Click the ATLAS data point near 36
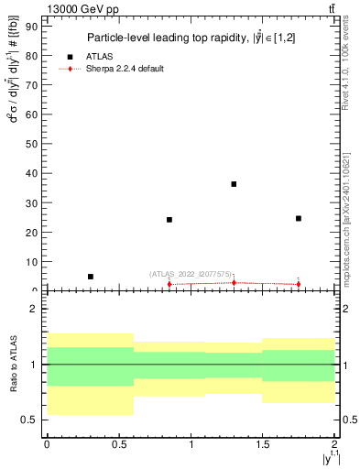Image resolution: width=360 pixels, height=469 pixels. (234, 184)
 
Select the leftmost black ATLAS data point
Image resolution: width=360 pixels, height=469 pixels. (90, 276)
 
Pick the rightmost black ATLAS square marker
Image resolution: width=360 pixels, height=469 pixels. (299, 218)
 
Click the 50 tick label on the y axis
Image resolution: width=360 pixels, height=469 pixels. (35, 144)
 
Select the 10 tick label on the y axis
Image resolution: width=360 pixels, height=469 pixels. (35, 261)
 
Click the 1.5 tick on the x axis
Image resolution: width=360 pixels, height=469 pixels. (263, 444)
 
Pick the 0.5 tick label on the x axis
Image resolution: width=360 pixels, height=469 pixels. (118, 444)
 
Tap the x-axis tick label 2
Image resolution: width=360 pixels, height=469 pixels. (334, 444)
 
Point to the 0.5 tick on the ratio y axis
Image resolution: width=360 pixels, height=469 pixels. (33, 420)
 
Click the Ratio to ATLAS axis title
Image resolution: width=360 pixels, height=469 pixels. (13, 365)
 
